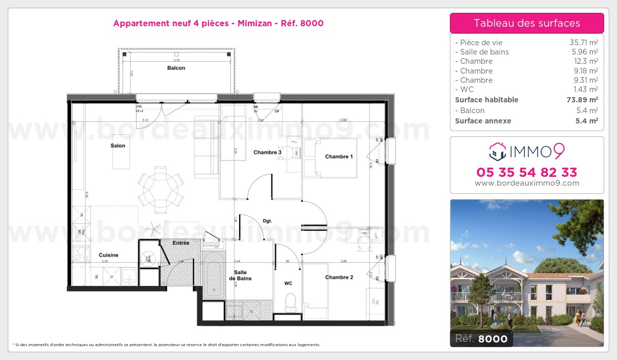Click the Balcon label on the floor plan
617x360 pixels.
coord(176,68)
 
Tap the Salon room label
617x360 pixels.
coord(118,146)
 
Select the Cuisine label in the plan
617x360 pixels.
coord(108,255)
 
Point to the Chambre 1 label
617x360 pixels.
coord(339,157)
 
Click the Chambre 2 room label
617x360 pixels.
coord(339,278)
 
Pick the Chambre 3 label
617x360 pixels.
coord(267,152)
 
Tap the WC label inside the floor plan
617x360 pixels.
coord(288,283)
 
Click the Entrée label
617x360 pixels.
coord(180,243)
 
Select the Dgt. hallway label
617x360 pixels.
coord(267,221)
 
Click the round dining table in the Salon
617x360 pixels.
coord(160,188)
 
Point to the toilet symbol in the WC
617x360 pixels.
coord(291,302)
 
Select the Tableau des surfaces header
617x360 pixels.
coord(527,23)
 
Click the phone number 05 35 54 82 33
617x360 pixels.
coord(527,172)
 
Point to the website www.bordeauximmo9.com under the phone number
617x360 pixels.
coord(527,183)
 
